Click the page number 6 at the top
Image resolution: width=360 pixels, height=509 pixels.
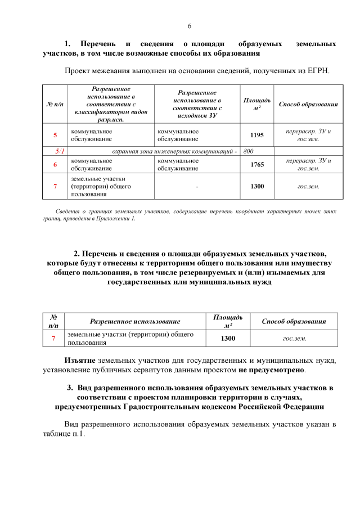pyautogui.click(x=190, y=26)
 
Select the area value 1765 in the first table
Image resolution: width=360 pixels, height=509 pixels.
pyautogui.click(x=257, y=164)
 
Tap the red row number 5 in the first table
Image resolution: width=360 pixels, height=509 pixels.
pyautogui.click(x=55, y=135)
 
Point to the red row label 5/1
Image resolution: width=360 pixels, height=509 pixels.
pyautogui.click(x=59, y=151)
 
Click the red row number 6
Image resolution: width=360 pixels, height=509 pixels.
pyautogui.click(x=55, y=164)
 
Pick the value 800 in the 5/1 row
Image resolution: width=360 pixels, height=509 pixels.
pyautogui.click(x=249, y=151)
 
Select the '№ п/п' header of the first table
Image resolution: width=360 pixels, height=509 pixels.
pyautogui.click(x=55, y=104)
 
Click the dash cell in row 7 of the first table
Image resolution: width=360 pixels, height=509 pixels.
pyautogui.click(x=197, y=186)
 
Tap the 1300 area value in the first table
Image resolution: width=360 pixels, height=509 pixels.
pyautogui.click(x=257, y=186)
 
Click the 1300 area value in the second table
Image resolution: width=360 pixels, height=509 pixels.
pyautogui.click(x=227, y=338)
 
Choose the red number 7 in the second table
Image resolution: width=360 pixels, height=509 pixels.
pyautogui.click(x=53, y=338)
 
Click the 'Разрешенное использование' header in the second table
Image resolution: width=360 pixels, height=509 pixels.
pyautogui.click(x=135, y=321)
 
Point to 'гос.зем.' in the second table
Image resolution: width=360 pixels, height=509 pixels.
pyautogui.click(x=294, y=338)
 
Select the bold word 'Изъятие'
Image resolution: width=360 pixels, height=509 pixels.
pyautogui.click(x=79, y=360)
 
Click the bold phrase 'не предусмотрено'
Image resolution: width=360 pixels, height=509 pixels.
pyautogui.click(x=271, y=370)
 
